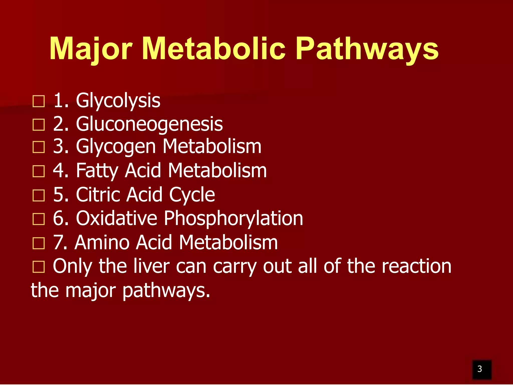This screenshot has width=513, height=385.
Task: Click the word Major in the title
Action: [x=91, y=49]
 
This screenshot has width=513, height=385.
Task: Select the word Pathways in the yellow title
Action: [x=367, y=49]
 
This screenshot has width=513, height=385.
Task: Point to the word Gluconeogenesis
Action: [x=149, y=124]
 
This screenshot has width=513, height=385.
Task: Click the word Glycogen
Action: [x=116, y=147]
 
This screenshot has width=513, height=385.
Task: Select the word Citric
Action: [x=97, y=195]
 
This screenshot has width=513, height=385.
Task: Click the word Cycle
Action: [x=192, y=195]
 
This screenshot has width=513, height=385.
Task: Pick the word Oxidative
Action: [x=116, y=218]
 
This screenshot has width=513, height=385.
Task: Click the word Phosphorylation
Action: [x=233, y=219]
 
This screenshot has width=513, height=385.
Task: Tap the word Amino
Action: [x=102, y=242]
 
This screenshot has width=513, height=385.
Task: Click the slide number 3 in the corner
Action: [x=479, y=369]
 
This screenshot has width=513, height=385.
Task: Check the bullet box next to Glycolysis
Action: [x=39, y=101]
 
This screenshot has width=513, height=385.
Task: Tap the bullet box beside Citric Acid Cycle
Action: [x=39, y=195]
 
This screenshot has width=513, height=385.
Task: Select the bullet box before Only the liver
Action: [x=39, y=267]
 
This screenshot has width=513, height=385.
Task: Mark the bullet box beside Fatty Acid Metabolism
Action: [x=39, y=171]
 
